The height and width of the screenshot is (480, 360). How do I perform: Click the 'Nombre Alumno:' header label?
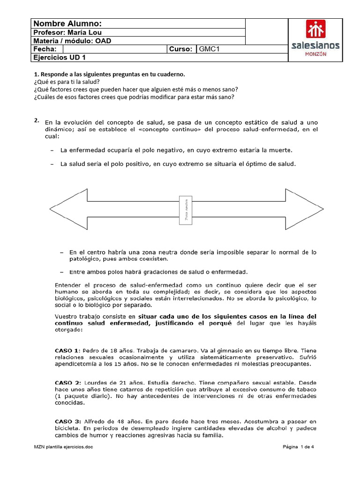(x=67, y=24)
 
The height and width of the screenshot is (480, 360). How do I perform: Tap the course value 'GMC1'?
(x=210, y=49)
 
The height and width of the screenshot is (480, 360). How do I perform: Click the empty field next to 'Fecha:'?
(x=112, y=49)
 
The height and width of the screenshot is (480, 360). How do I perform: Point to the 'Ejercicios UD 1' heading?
(x=59, y=58)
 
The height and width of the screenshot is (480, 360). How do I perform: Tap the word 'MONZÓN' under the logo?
(x=315, y=54)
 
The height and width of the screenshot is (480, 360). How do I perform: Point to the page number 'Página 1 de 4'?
(x=298, y=447)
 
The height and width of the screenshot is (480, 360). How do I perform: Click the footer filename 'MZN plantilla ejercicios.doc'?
(x=63, y=447)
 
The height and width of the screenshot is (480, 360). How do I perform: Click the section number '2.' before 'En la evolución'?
(x=37, y=120)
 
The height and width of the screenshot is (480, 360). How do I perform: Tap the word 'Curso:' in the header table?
(x=181, y=49)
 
